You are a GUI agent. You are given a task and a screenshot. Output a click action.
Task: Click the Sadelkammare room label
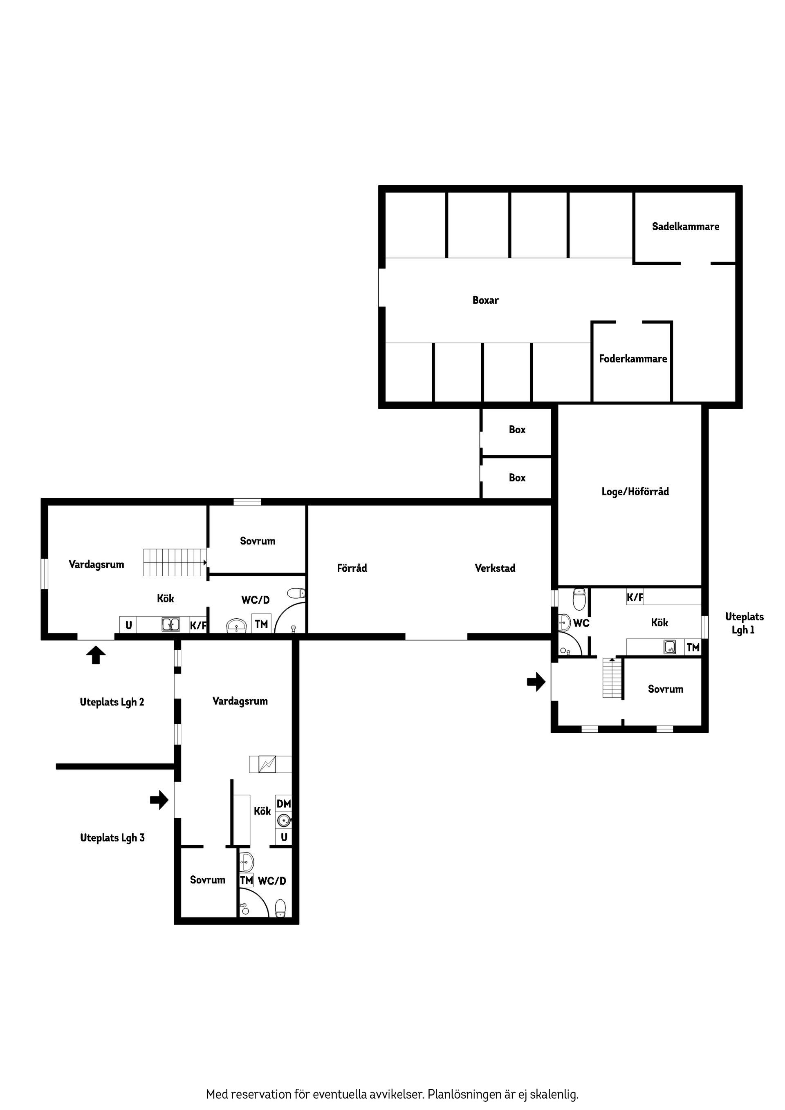pyautogui.click(x=685, y=226)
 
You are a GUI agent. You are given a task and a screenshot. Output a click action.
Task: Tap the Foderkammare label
pyautogui.click(x=632, y=359)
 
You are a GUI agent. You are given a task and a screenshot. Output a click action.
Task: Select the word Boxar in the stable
pyautogui.click(x=485, y=300)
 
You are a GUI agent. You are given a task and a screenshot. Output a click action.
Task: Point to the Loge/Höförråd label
pyautogui.click(x=635, y=492)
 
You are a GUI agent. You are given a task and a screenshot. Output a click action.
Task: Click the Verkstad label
pyautogui.click(x=495, y=568)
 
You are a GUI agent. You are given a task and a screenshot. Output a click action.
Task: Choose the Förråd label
pyautogui.click(x=352, y=568)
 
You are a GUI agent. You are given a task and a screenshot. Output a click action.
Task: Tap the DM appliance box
pyautogui.click(x=284, y=803)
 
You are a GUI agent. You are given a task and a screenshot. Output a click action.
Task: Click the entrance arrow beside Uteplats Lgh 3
pyautogui.click(x=159, y=800)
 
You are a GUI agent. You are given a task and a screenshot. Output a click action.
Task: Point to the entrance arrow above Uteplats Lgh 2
pyautogui.click(x=96, y=655)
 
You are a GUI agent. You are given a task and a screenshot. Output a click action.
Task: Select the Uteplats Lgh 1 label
pyautogui.click(x=744, y=623)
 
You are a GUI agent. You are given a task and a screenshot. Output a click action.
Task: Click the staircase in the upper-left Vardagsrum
pyautogui.click(x=175, y=562)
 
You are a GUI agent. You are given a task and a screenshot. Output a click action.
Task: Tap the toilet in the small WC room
pyautogui.click(x=579, y=599)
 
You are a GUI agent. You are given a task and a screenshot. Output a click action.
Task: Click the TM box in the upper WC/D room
pyautogui.click(x=261, y=624)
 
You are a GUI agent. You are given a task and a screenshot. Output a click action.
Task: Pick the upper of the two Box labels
pyautogui.click(x=517, y=430)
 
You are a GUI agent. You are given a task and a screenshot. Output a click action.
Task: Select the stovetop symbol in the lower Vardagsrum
pyautogui.click(x=267, y=764)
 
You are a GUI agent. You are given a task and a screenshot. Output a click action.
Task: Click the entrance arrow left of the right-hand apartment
pyautogui.click(x=536, y=682)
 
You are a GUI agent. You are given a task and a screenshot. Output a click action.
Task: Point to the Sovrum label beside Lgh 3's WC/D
pyautogui.click(x=208, y=880)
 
